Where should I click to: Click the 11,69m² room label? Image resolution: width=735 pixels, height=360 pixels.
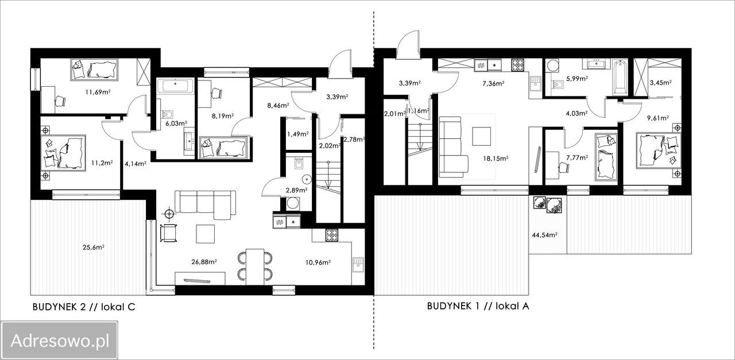point(98,92)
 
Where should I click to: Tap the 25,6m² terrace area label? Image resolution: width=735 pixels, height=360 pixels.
point(94,247)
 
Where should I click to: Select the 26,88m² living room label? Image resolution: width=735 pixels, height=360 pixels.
point(204,262)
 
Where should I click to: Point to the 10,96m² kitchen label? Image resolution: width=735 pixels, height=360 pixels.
point(318,262)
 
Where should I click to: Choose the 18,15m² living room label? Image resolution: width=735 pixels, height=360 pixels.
point(496,158)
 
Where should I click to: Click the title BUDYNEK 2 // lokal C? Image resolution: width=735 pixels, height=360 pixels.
point(84,307)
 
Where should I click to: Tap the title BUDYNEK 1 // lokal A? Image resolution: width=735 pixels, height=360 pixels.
point(478,306)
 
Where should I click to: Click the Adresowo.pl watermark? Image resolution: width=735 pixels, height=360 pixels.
point(60,341)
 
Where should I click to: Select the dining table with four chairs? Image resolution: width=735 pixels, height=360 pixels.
point(255,266)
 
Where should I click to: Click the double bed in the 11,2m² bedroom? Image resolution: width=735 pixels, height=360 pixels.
point(63,153)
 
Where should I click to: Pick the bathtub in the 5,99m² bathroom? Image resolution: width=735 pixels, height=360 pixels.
point(620,78)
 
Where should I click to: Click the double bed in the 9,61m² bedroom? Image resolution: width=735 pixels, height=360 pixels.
point(658,150)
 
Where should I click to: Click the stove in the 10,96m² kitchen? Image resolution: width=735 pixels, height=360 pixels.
point(331,235)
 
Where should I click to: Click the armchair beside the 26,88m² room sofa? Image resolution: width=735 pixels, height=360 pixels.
point(169,233)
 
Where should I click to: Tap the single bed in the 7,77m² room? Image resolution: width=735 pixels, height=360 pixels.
point(606,157)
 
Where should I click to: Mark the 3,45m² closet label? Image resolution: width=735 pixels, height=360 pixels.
point(660,83)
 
